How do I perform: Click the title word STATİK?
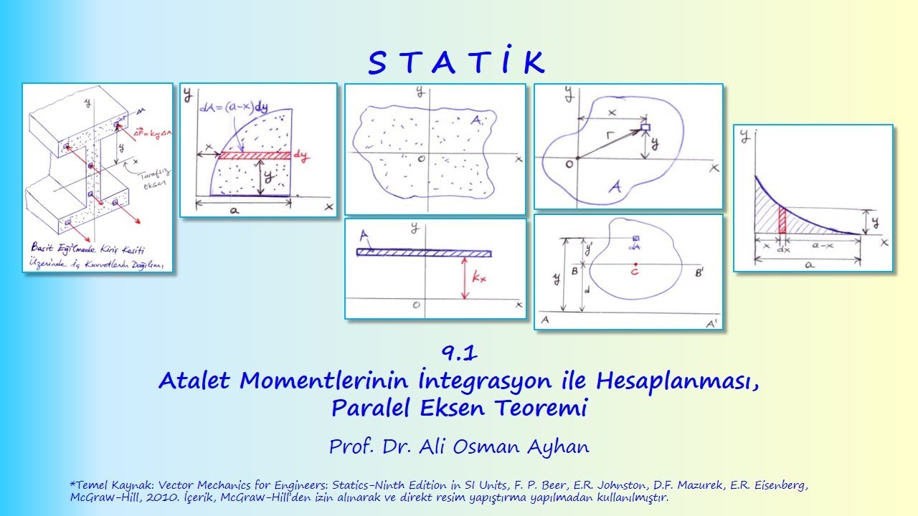pyautogui.click(x=457, y=64)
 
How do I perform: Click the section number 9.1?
pyautogui.click(x=460, y=352)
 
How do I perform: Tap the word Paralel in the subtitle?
pyautogui.click(x=364, y=408)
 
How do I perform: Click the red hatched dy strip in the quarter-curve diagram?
pyautogui.click(x=255, y=155)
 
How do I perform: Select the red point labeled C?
pyautogui.click(x=635, y=264)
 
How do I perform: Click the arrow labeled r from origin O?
pyautogui.click(x=610, y=143)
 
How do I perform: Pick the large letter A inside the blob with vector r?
pyautogui.click(x=615, y=188)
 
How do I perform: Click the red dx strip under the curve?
pyautogui.click(x=782, y=220)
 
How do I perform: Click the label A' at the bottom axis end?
pyautogui.click(x=711, y=324)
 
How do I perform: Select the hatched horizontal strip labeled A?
pyautogui.click(x=423, y=252)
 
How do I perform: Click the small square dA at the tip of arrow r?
pyautogui.click(x=645, y=127)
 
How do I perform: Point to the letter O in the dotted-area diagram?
pyautogui.click(x=422, y=158)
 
